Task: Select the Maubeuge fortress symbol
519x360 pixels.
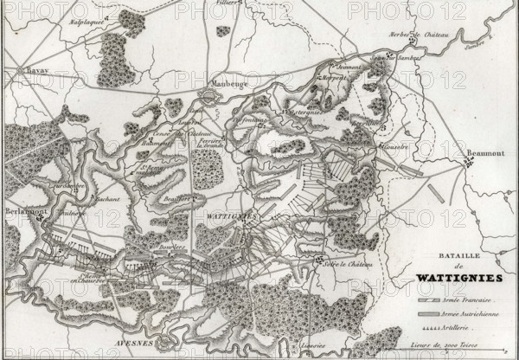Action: tap(210, 97)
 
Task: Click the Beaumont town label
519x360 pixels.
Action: tap(486, 153)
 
